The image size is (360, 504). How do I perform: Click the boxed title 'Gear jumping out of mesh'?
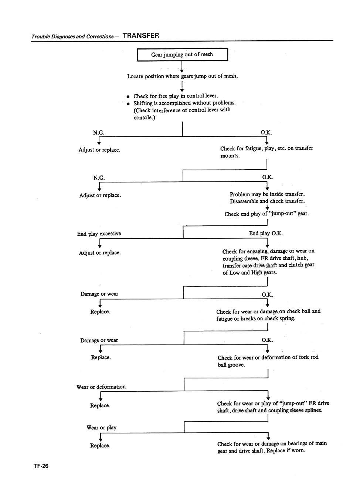click(182, 55)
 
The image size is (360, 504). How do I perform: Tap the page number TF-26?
click(41, 466)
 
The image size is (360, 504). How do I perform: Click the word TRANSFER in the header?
click(141, 36)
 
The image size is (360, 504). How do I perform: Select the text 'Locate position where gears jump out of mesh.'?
click(182, 76)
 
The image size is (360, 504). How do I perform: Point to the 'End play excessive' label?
click(99, 234)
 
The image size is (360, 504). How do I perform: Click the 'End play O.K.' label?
click(266, 233)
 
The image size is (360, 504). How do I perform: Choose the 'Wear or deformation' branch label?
click(101, 387)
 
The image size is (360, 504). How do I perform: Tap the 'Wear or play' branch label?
click(101, 428)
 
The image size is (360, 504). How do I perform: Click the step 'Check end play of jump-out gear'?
click(266, 214)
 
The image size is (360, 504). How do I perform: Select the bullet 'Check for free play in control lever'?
click(176, 96)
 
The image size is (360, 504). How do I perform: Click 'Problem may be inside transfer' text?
click(267, 194)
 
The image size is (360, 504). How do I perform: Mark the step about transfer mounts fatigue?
click(266, 152)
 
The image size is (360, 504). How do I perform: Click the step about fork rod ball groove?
click(268, 361)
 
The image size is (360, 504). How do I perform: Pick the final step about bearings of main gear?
click(272, 447)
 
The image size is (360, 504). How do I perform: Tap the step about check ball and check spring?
click(268, 315)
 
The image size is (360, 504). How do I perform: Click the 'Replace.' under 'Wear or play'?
click(100, 446)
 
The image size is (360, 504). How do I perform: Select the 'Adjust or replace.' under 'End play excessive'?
click(100, 253)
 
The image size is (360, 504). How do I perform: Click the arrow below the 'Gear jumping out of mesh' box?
click(182, 67)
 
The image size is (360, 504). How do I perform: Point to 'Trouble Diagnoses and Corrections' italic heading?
click(72, 37)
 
